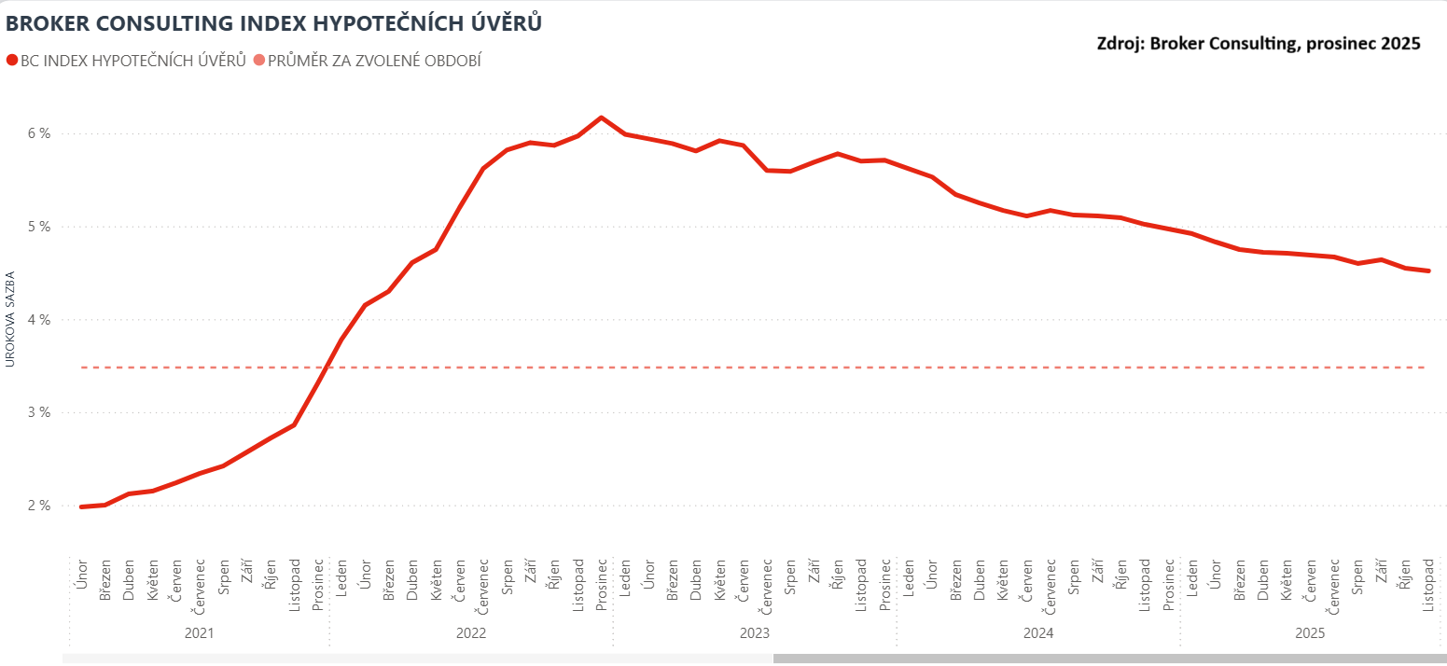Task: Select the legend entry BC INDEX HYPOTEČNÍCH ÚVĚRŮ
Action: (126, 61)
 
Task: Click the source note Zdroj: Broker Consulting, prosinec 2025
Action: (1258, 43)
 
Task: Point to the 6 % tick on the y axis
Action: (38, 133)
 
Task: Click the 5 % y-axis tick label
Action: (38, 227)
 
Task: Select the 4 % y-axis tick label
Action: (38, 320)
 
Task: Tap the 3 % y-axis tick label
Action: (38, 412)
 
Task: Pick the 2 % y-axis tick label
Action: (38, 506)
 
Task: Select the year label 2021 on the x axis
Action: (199, 633)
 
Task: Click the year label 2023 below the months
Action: (754, 633)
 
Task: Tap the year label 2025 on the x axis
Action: (1310, 633)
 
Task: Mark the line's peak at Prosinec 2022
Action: (601, 118)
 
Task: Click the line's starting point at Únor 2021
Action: (81, 506)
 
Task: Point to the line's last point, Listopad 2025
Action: (1427, 271)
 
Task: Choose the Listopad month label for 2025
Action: (1427, 586)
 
